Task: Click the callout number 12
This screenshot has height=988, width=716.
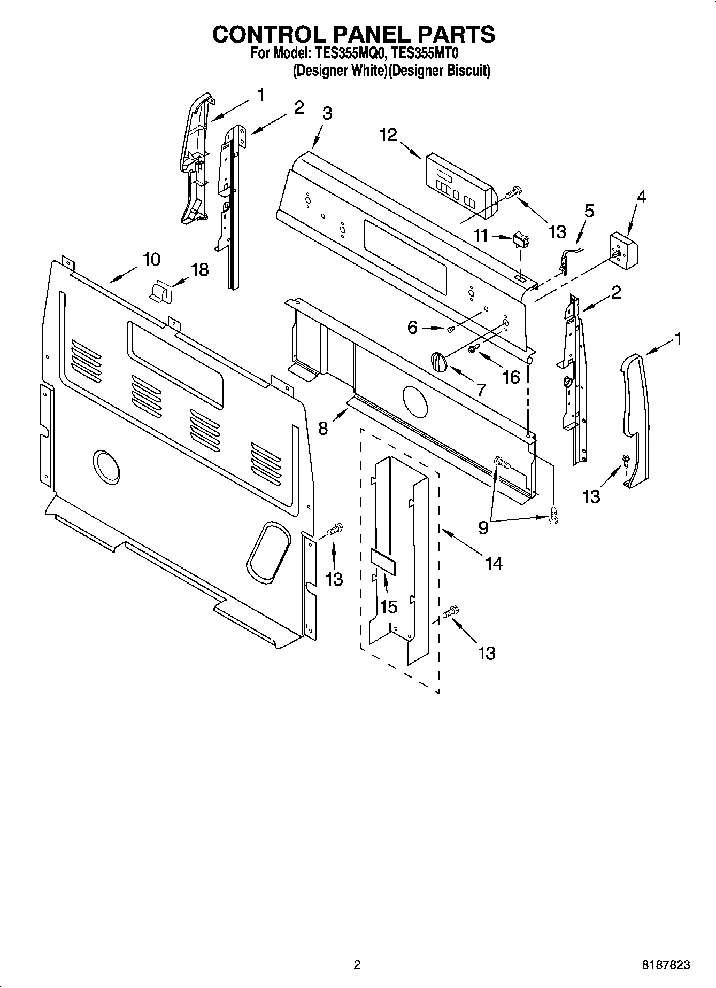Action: pyautogui.click(x=389, y=135)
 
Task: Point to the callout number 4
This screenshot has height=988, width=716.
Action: pyautogui.click(x=641, y=197)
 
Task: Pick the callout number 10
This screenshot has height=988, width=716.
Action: pyautogui.click(x=151, y=260)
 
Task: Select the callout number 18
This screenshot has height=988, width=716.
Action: pyautogui.click(x=200, y=270)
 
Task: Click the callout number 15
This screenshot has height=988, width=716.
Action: pyautogui.click(x=389, y=606)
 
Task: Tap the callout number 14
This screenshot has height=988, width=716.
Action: pyautogui.click(x=493, y=562)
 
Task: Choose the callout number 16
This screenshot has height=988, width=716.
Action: pyautogui.click(x=511, y=377)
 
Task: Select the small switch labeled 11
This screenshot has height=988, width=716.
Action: pyautogui.click(x=519, y=242)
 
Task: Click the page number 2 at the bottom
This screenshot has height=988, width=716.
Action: pyautogui.click(x=357, y=965)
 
